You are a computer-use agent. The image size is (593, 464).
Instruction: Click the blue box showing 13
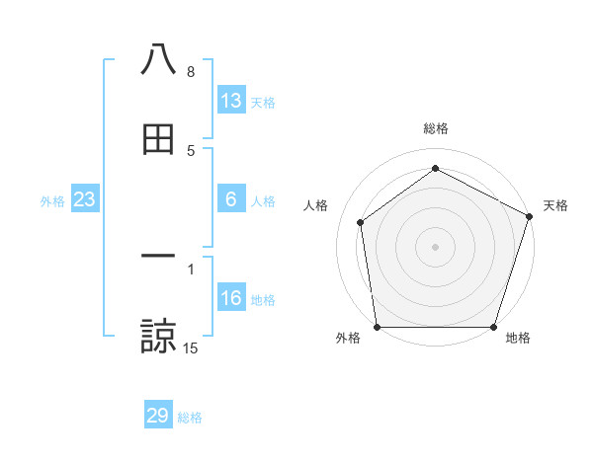coord(231,101)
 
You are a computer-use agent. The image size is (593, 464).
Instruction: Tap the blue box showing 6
coord(231,199)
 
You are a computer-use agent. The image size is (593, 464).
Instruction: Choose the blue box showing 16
coord(231,298)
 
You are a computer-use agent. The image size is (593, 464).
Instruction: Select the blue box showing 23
coord(85,199)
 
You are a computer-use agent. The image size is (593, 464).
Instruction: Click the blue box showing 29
coord(158,416)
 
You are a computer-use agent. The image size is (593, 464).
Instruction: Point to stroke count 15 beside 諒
coord(191,348)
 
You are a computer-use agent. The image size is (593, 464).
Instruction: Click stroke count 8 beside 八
coord(191,72)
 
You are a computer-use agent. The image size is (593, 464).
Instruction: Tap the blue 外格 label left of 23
coord(52,201)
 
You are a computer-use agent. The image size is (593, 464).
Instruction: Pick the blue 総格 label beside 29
coord(190,418)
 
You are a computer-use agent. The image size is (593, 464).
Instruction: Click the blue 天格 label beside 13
coord(263,103)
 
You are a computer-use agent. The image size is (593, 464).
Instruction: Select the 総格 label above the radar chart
coord(436,128)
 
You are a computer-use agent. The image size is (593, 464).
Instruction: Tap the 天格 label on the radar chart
coord(556,205)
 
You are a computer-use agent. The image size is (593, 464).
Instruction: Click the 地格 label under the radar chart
coord(518,339)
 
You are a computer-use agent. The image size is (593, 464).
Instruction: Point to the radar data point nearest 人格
coord(361,222)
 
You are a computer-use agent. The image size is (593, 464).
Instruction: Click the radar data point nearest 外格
coord(378,327)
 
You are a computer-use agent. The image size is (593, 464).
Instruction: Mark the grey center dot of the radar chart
coord(435,246)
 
